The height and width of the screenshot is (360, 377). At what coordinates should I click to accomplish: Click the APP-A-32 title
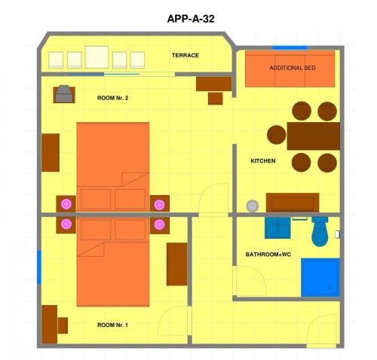(x=191, y=19)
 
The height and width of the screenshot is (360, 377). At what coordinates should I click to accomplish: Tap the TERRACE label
(x=185, y=55)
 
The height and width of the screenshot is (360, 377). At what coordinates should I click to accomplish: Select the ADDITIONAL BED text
(x=293, y=68)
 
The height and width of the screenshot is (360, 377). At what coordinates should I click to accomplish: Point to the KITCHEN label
(x=263, y=160)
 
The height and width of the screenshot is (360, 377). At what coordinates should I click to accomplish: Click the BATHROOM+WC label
(x=268, y=255)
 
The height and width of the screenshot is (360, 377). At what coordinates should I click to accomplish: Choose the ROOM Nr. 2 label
(x=112, y=98)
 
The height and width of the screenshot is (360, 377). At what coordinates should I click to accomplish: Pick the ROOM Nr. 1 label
(x=112, y=325)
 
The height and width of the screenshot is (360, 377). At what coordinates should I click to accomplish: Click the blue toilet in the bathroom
(x=320, y=231)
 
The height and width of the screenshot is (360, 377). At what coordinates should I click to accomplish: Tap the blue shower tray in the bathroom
(x=320, y=277)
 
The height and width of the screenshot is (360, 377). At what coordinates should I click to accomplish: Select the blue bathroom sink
(x=277, y=227)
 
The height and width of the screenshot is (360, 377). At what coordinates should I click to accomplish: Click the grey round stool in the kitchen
(x=253, y=206)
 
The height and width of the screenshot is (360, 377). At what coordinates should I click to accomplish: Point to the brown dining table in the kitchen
(x=314, y=136)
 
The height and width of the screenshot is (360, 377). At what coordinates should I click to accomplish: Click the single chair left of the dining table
(x=277, y=135)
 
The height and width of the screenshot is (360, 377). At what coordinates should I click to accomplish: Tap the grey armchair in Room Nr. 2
(x=64, y=94)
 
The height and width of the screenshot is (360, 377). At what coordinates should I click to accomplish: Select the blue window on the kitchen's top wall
(x=290, y=47)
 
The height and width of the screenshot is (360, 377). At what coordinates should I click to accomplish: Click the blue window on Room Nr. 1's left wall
(x=39, y=267)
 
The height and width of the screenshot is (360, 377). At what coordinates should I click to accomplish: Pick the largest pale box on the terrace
(x=97, y=57)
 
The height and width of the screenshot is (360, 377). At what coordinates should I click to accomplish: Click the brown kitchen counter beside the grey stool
(x=293, y=203)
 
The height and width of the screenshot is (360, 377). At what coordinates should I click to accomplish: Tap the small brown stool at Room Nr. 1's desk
(x=63, y=325)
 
